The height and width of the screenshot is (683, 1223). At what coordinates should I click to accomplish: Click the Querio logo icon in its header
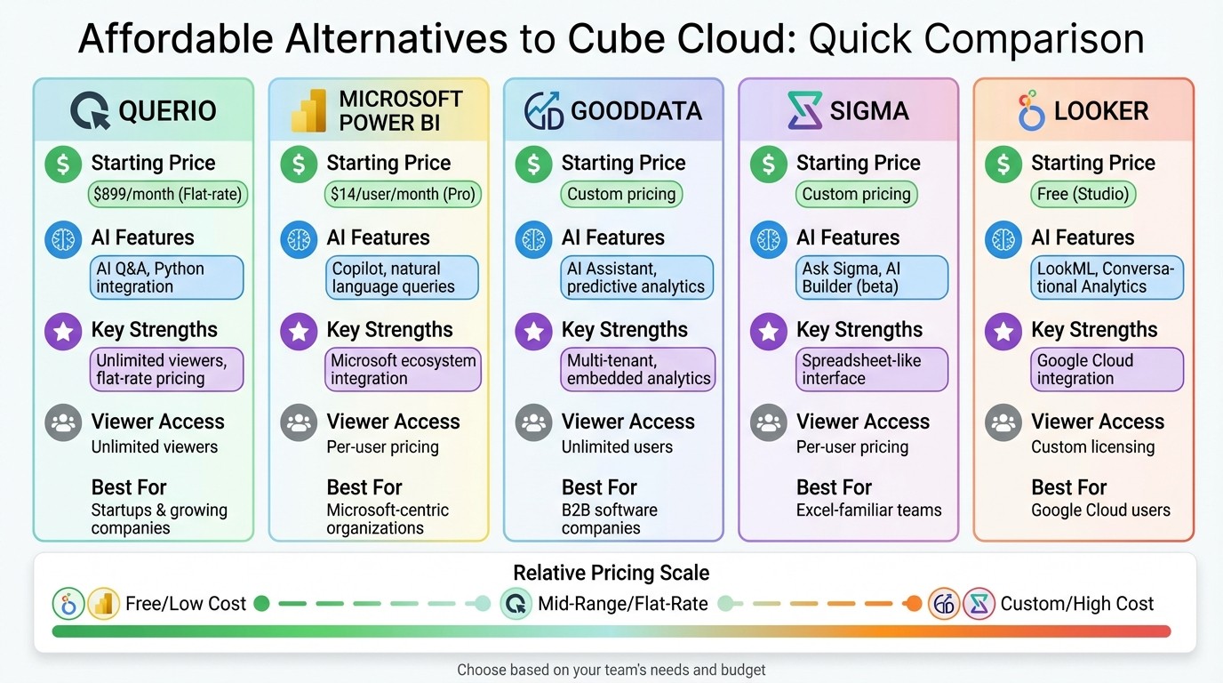point(90,111)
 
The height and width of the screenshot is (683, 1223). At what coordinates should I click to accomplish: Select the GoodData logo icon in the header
point(543,111)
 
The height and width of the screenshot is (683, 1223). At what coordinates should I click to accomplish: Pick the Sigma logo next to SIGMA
point(803,111)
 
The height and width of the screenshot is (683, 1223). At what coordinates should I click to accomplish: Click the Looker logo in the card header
point(1031,110)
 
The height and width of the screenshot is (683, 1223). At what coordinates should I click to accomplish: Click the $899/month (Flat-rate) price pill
point(167,194)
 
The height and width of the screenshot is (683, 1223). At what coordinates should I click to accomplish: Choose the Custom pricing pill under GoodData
point(621,194)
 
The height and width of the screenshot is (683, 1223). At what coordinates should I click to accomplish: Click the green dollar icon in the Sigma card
point(769,164)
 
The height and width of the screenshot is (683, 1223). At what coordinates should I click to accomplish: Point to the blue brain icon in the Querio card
point(63,238)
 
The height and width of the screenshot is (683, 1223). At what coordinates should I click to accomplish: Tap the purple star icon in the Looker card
point(1003,331)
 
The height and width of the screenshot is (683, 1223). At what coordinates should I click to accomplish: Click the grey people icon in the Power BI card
point(299,422)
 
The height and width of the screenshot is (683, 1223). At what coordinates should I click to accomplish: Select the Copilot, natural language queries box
point(402,277)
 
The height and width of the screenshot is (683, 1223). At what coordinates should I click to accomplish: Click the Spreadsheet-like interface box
point(872,369)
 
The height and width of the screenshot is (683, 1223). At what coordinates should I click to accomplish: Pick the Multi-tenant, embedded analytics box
point(637,369)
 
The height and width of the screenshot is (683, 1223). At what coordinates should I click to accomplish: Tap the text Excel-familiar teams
point(868,510)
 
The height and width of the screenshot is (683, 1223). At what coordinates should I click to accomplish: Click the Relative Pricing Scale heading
point(611,573)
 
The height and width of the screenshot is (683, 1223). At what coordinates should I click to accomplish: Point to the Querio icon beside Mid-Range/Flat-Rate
point(516,604)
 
